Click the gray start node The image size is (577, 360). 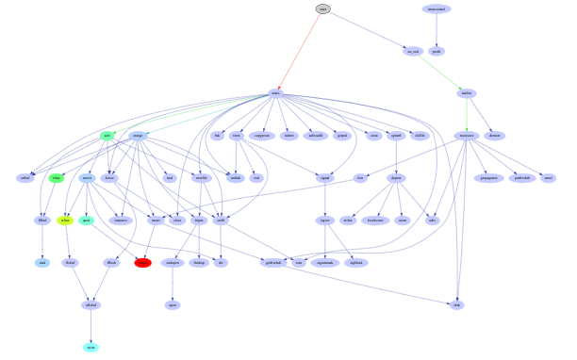click(x=323, y=8)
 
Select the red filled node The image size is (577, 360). click(x=142, y=263)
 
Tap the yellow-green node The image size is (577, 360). click(x=64, y=221)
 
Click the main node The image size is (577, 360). click(x=275, y=93)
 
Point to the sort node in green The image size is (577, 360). click(x=107, y=136)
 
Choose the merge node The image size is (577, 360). click(x=138, y=136)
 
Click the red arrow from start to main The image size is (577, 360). click(x=300, y=51)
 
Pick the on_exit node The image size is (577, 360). click(x=411, y=51)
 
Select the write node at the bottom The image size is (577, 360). click(x=91, y=347)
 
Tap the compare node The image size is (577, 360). click(x=121, y=221)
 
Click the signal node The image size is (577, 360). click(x=325, y=177)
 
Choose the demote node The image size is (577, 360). click(x=494, y=136)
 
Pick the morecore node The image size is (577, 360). click(x=466, y=136)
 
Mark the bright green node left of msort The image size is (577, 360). click(x=57, y=177)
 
